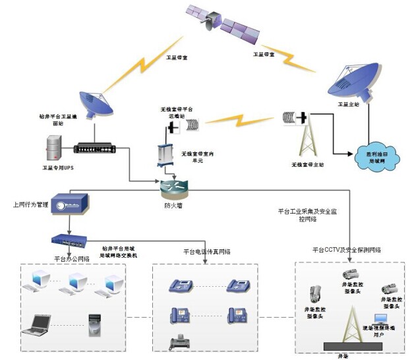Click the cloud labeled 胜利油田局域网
[x=372, y=158]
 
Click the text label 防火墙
[x=172, y=206]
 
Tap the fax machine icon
[x=181, y=342]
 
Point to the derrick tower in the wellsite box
[x=350, y=323]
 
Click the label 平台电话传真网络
[x=206, y=252]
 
